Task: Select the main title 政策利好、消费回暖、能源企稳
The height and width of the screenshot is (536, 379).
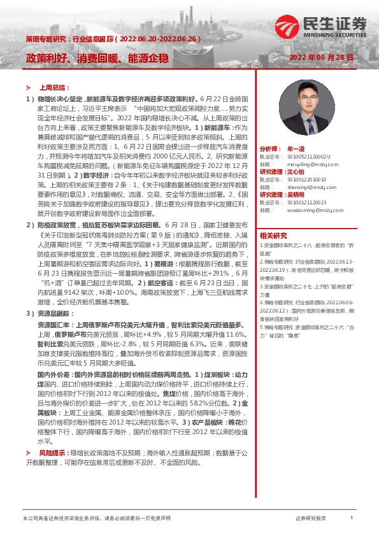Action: [97, 58]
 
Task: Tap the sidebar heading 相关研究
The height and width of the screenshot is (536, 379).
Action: [274, 236]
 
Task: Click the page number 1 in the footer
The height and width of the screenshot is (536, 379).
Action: [352, 518]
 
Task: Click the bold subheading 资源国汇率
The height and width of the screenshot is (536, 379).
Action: [53, 324]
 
